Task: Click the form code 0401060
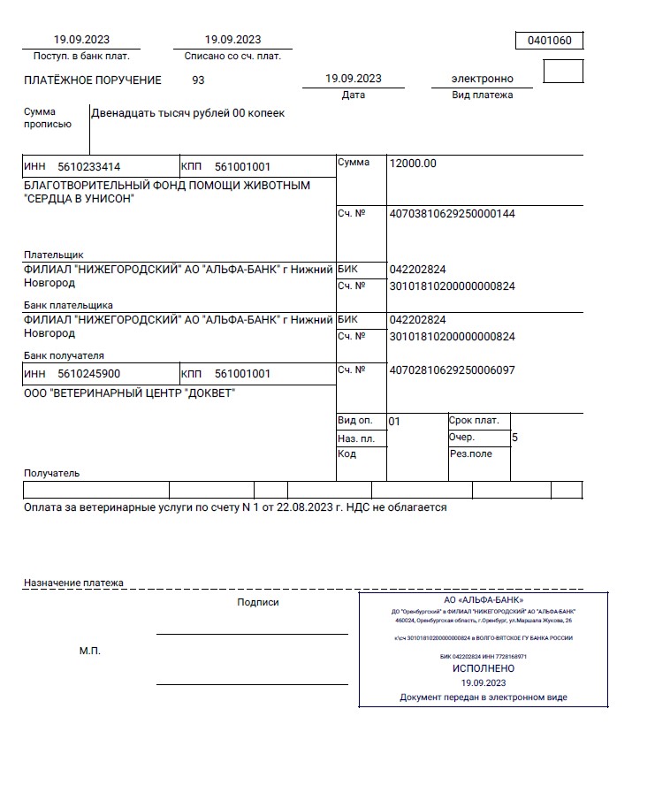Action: [x=549, y=41]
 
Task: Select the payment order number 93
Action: [x=198, y=80]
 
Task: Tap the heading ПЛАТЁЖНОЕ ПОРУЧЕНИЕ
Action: [x=93, y=80]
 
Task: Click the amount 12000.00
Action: [x=413, y=164]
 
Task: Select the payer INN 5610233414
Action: [x=89, y=166]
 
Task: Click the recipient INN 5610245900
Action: [x=89, y=374]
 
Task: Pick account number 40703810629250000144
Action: [x=452, y=214]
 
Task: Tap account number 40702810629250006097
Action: [x=452, y=370]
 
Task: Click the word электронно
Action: [x=482, y=79]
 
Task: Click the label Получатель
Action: [x=51, y=473]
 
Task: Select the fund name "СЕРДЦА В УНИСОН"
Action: [x=79, y=199]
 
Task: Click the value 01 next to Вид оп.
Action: [x=394, y=422]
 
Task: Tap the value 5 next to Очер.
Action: [x=515, y=438]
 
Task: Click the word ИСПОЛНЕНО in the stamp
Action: [x=483, y=669]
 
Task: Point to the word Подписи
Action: [x=258, y=603]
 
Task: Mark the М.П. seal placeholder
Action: [x=90, y=651]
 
